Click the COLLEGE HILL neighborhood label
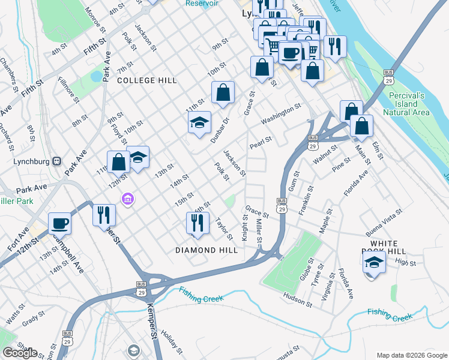click(x=148, y=80)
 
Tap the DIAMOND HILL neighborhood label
click(x=206, y=250)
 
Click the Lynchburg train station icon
click(x=58, y=161)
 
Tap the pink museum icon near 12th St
click(x=128, y=199)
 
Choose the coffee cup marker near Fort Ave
click(x=59, y=223)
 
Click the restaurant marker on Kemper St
click(x=104, y=215)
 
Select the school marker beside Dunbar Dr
click(x=199, y=123)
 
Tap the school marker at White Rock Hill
click(x=374, y=262)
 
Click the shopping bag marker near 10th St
click(x=223, y=93)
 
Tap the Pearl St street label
click(x=261, y=142)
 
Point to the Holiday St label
click(x=171, y=341)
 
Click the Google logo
click(x=20, y=353)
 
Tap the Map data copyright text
click(x=411, y=355)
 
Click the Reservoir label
click(x=202, y=3)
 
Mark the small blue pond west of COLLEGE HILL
click(x=95, y=77)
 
